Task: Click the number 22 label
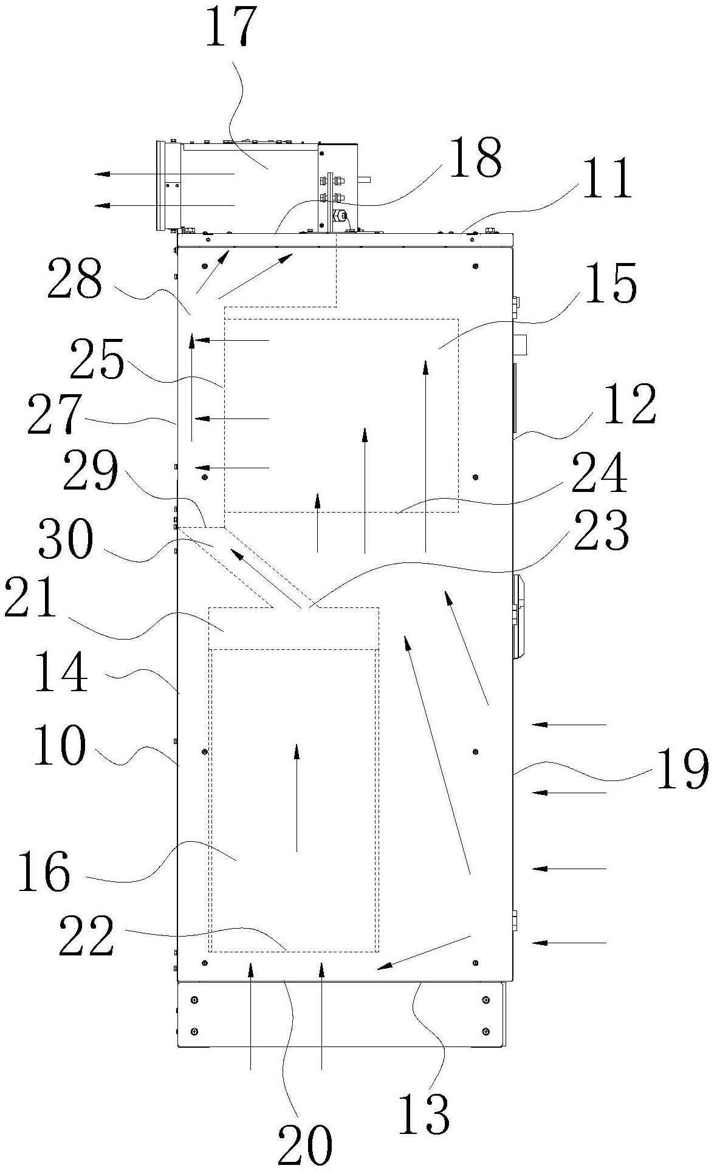point(86,936)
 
